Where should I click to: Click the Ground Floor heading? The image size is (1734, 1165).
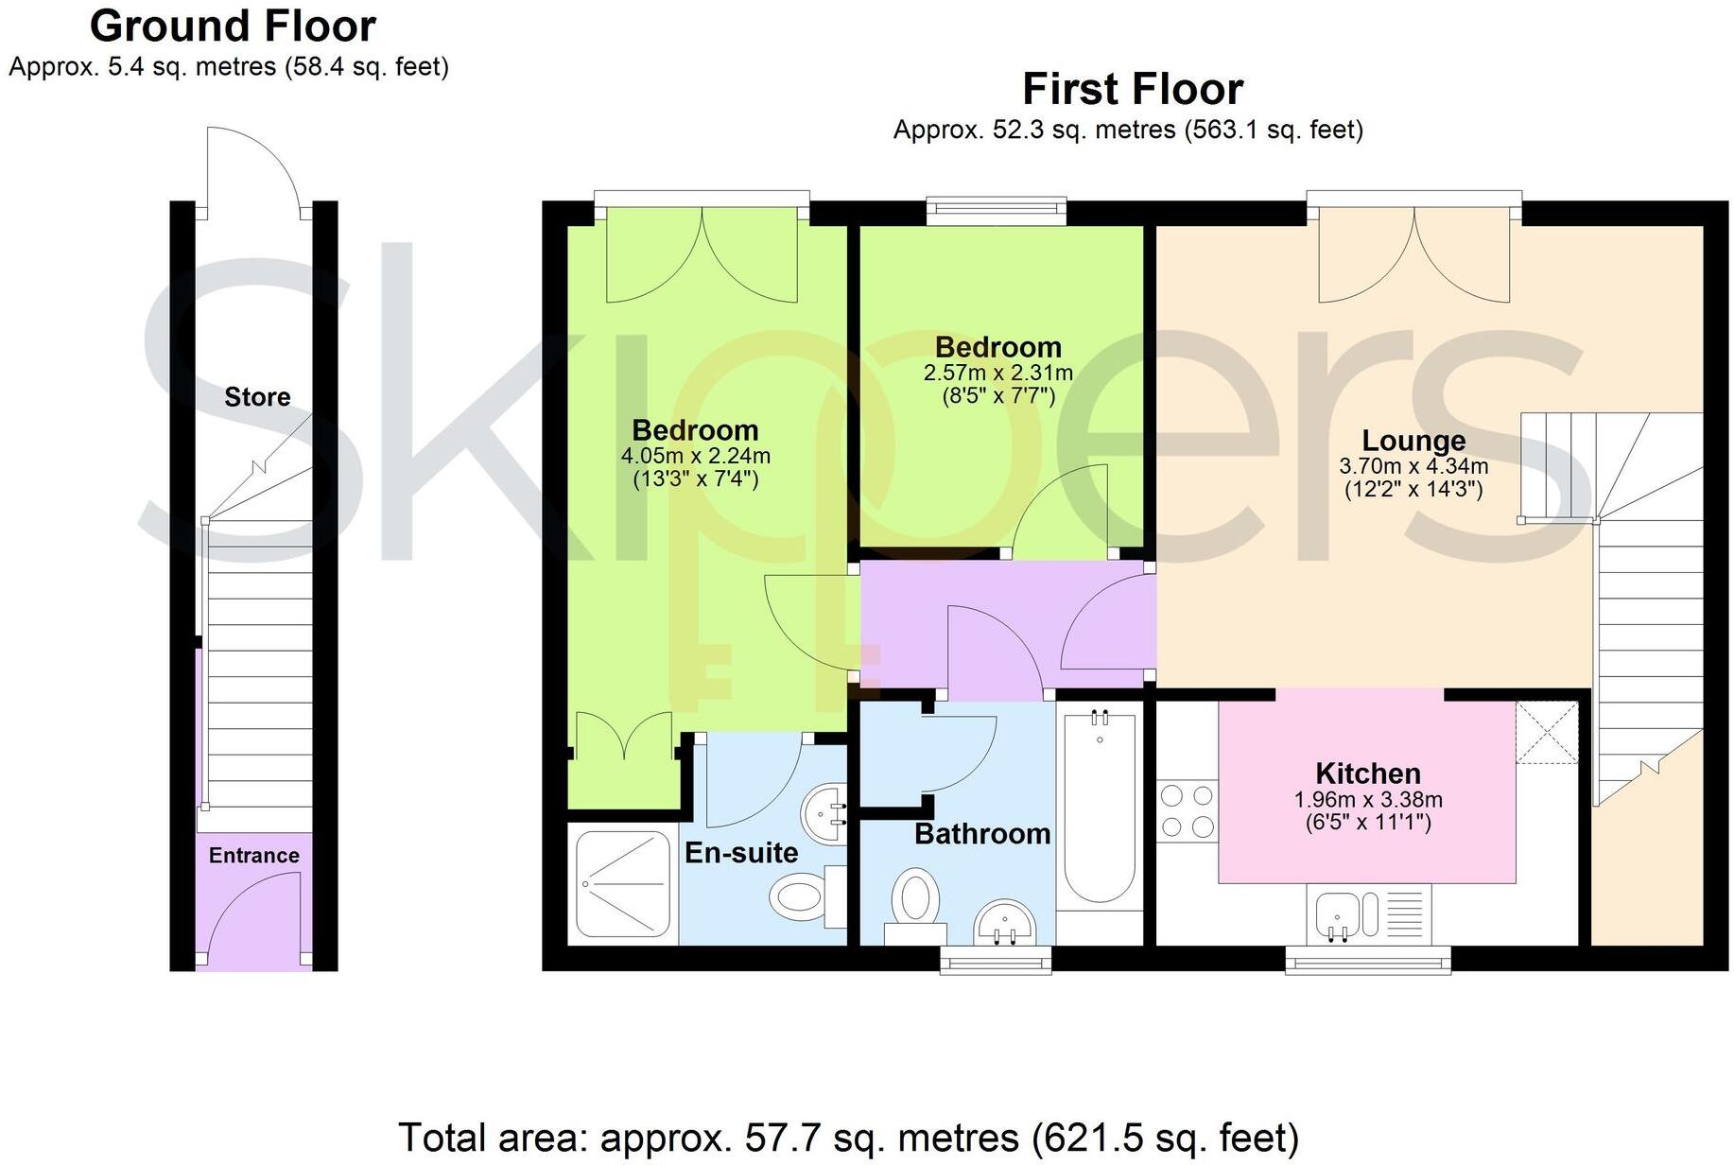(x=233, y=26)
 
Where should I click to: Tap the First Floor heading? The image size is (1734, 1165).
(x=1132, y=90)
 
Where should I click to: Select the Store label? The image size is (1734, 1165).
(x=256, y=397)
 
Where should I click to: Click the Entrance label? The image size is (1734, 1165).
(x=253, y=856)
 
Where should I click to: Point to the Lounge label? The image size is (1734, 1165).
(x=1413, y=441)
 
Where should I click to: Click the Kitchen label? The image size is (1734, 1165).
(x=1367, y=774)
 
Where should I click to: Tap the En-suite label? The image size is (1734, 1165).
(x=740, y=853)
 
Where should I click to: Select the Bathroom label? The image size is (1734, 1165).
(x=981, y=834)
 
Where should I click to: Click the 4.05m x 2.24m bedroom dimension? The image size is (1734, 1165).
(x=695, y=456)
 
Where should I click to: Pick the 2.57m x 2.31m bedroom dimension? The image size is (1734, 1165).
(x=997, y=373)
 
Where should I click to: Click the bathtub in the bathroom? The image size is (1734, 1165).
(x=1100, y=809)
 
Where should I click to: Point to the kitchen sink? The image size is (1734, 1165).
(x=1337, y=915)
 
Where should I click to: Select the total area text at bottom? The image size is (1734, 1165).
(x=848, y=1138)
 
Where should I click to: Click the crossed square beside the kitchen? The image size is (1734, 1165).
(x=1547, y=732)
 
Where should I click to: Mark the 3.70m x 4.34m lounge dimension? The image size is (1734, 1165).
(x=1413, y=466)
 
